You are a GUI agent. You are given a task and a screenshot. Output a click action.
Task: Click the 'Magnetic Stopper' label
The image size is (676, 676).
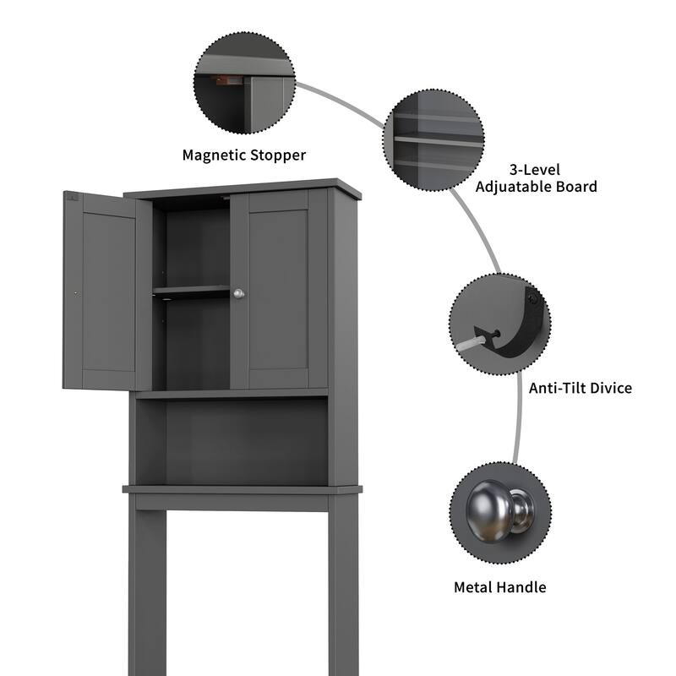click(x=244, y=155)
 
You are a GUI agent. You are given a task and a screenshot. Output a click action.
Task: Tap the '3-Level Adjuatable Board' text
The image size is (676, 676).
click(x=536, y=177)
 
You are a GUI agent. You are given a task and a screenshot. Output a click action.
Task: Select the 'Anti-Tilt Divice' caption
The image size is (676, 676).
click(x=580, y=388)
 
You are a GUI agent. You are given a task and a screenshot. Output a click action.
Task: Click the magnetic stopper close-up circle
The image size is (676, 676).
click(x=244, y=83)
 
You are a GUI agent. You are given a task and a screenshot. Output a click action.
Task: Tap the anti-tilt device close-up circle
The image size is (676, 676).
click(x=500, y=324)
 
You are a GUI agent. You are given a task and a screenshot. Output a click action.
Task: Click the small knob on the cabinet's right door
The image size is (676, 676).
click(x=238, y=293)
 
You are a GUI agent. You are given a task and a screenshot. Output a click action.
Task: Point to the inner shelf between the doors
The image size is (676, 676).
click(x=192, y=292)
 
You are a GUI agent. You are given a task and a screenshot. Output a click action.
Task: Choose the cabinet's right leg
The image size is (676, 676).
click(x=343, y=591)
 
